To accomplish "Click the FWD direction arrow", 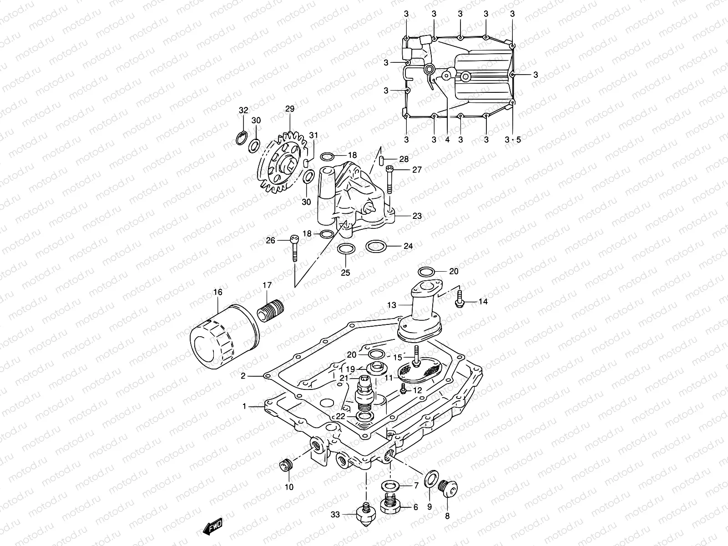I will click(212, 527).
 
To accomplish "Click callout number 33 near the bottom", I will click(335, 515).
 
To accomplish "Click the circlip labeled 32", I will click(242, 137).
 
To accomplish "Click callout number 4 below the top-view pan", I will click(447, 139).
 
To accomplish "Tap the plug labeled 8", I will click(449, 490).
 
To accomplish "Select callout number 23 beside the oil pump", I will click(417, 216).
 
